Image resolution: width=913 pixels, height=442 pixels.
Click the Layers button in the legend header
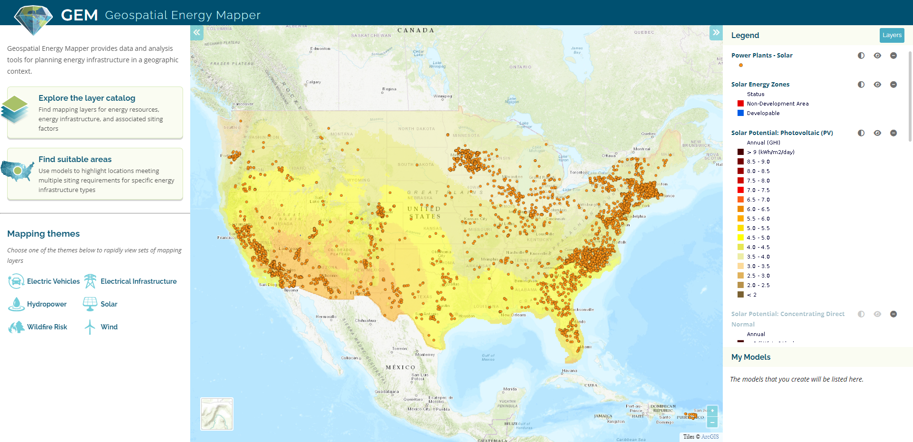click(x=892, y=35)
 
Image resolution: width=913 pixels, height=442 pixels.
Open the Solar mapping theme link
click(x=108, y=304)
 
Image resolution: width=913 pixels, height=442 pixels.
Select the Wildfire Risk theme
click(x=47, y=327)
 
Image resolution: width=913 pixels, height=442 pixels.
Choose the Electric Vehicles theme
click(x=53, y=281)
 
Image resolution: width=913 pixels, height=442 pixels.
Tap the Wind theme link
click(x=109, y=327)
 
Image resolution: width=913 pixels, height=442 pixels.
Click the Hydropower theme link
click(x=47, y=304)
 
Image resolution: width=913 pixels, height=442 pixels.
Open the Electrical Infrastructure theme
click(x=138, y=281)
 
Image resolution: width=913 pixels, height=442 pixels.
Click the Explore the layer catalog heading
click(x=87, y=98)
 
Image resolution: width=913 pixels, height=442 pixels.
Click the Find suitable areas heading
click(x=75, y=159)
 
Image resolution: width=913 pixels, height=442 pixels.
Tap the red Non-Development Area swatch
click(x=740, y=104)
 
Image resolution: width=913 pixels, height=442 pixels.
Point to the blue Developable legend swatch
click(x=740, y=113)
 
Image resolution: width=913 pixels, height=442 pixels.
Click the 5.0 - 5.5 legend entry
click(x=758, y=228)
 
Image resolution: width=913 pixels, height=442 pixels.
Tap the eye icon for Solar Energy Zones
click(x=877, y=85)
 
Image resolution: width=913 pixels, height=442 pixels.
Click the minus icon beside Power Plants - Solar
click(x=894, y=56)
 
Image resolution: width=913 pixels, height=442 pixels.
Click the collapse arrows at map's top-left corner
click(x=196, y=32)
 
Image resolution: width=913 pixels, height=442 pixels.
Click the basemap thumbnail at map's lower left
click(x=217, y=414)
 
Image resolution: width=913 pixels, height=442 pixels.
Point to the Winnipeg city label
click(x=443, y=96)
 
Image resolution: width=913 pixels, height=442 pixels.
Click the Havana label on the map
click(x=570, y=371)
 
